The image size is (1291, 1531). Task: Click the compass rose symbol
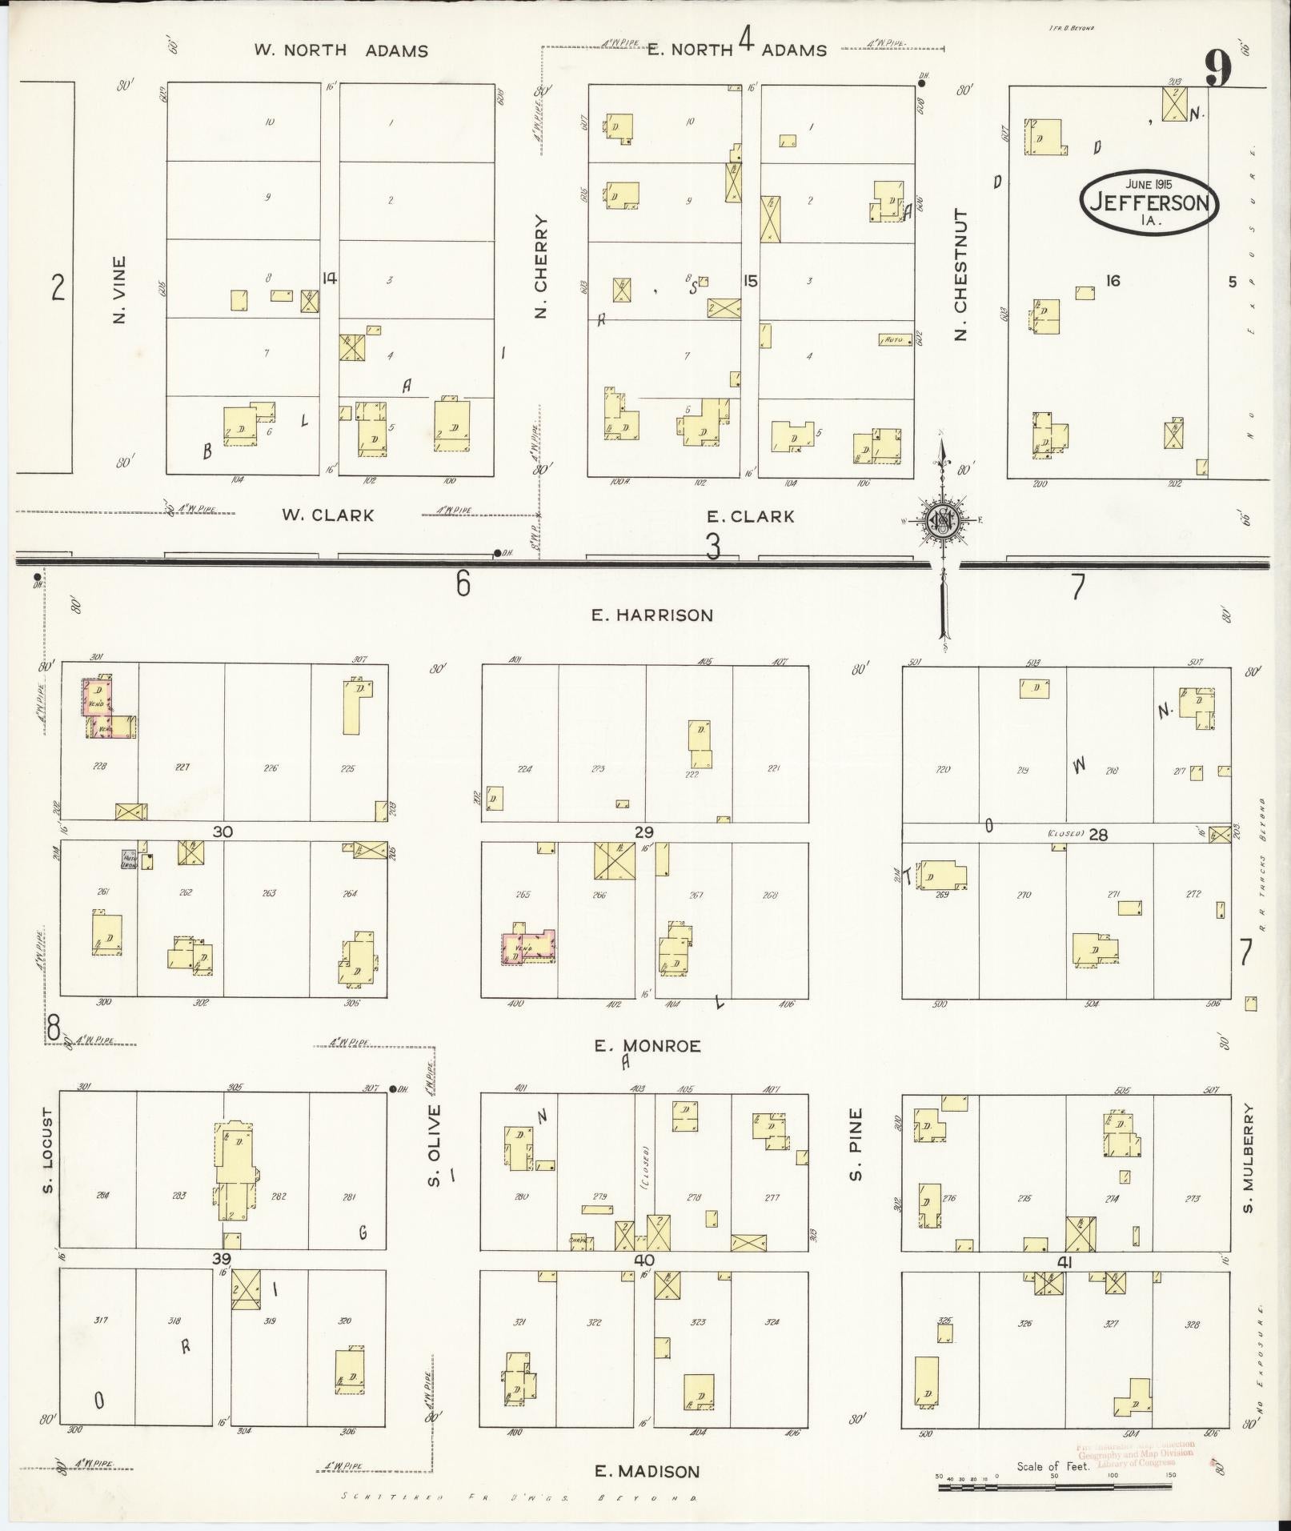pyautogui.click(x=942, y=521)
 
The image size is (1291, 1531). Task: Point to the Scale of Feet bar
pyautogui.click(x=1056, y=1487)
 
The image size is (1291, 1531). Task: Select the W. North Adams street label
pyautogui.click(x=341, y=50)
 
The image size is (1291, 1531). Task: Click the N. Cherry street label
pyautogui.click(x=541, y=267)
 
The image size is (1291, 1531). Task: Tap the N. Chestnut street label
pyautogui.click(x=960, y=274)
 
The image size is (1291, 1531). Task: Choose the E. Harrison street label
pyautogui.click(x=652, y=615)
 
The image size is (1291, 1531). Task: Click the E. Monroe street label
pyautogui.click(x=648, y=1046)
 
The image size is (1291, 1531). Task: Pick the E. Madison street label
pyautogui.click(x=648, y=1471)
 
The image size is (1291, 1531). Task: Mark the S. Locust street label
pyautogui.click(x=48, y=1150)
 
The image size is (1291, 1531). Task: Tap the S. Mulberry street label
pyautogui.click(x=1248, y=1158)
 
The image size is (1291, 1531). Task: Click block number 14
pyautogui.click(x=328, y=279)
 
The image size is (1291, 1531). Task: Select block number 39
pyautogui.click(x=222, y=1259)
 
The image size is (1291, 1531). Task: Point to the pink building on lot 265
pyautogui.click(x=528, y=947)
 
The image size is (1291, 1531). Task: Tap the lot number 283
pyautogui.click(x=178, y=1196)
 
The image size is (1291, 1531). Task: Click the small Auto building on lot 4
pyautogui.click(x=895, y=339)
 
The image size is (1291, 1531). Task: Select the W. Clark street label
pyautogui.click(x=327, y=515)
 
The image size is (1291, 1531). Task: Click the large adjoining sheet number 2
pyautogui.click(x=58, y=287)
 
